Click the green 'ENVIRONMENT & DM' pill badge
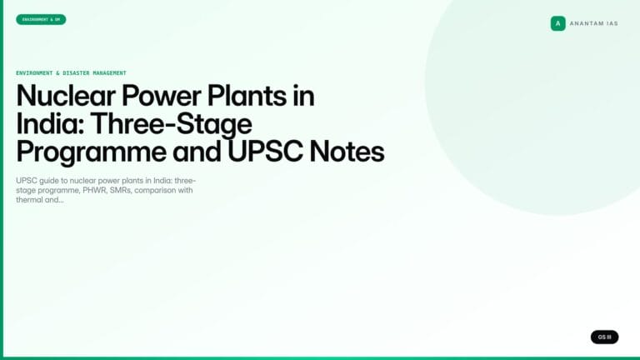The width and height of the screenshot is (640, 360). point(41,19)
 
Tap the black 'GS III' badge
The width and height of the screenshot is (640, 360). point(604,337)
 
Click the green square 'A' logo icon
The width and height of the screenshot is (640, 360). point(557,23)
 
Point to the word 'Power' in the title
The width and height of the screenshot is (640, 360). point(164,96)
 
